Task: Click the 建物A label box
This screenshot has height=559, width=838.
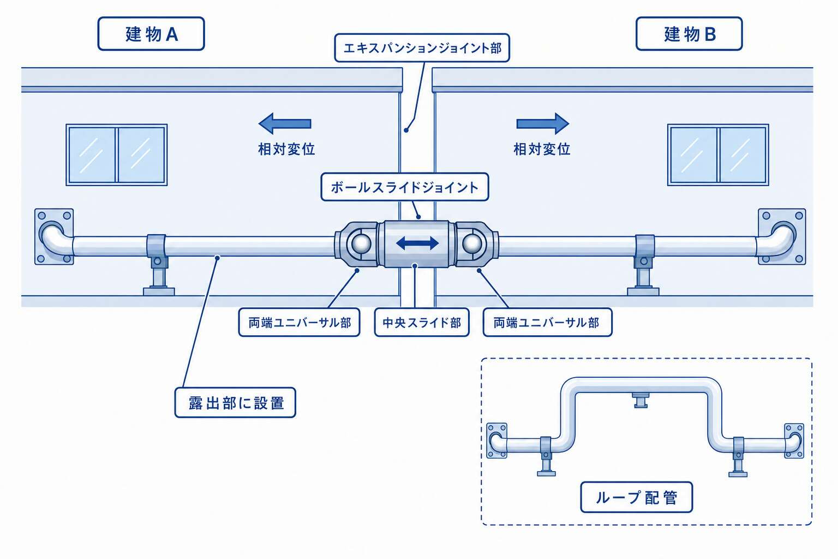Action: pos(151,34)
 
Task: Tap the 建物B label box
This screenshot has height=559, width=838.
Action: pos(689,34)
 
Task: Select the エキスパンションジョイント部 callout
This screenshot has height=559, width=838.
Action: pos(422,48)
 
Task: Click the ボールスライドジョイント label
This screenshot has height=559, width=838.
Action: pos(405,187)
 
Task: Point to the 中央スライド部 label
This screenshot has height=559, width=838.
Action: pos(422,323)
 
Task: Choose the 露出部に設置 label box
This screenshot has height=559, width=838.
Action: pos(235,402)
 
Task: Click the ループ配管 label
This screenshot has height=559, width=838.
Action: pos(636,497)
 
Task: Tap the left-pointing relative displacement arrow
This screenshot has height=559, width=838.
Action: pos(285,123)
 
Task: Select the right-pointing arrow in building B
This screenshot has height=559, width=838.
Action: pos(543,123)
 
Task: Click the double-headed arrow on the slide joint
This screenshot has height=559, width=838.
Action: pos(417,243)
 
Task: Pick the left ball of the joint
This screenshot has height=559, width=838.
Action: pos(361,243)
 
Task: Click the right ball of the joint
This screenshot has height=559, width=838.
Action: pos(472,243)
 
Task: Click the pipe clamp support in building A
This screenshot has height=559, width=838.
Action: pos(158,264)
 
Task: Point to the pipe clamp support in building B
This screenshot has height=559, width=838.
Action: pos(644,264)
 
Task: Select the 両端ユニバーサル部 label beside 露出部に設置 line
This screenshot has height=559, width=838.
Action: pos(300,323)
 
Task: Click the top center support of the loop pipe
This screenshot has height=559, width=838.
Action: pos(641,400)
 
